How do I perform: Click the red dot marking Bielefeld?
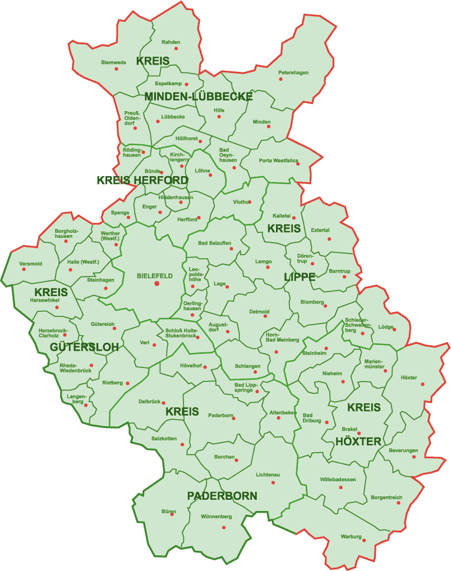pyautogui.click(x=157, y=284)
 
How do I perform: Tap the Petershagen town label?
pyautogui.click(x=293, y=72)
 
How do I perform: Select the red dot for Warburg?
pyautogui.click(x=364, y=541)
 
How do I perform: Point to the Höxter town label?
pyautogui.click(x=409, y=377)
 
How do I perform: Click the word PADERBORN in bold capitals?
pyautogui.click(x=222, y=496)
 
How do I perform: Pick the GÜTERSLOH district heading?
pyautogui.click(x=84, y=347)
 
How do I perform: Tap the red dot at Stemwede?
pyautogui.click(x=117, y=69)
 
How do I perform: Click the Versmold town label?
pyautogui.click(x=30, y=264)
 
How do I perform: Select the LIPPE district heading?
pyautogui.click(x=300, y=277)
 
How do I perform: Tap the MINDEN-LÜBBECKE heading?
pyautogui.click(x=199, y=96)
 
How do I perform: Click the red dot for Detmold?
pyautogui.click(x=265, y=316)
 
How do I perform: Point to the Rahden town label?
pyautogui.click(x=171, y=42)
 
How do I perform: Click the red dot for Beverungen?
pyautogui.click(x=415, y=457)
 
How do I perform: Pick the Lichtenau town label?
pyautogui.click(x=268, y=475)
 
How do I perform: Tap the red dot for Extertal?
pyautogui.click(x=329, y=239)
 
